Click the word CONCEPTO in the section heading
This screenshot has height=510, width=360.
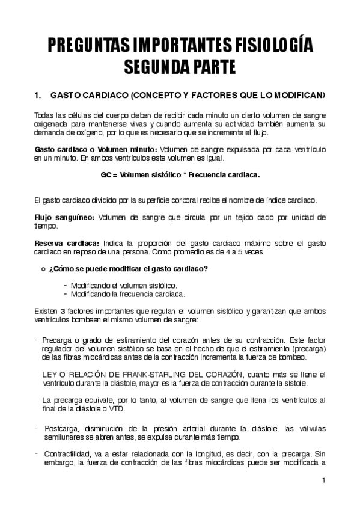click(x=158, y=95)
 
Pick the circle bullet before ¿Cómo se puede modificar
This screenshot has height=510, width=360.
click(x=41, y=268)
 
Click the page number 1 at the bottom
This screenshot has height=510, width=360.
click(x=323, y=480)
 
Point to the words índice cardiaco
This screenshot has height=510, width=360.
click(x=287, y=200)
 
